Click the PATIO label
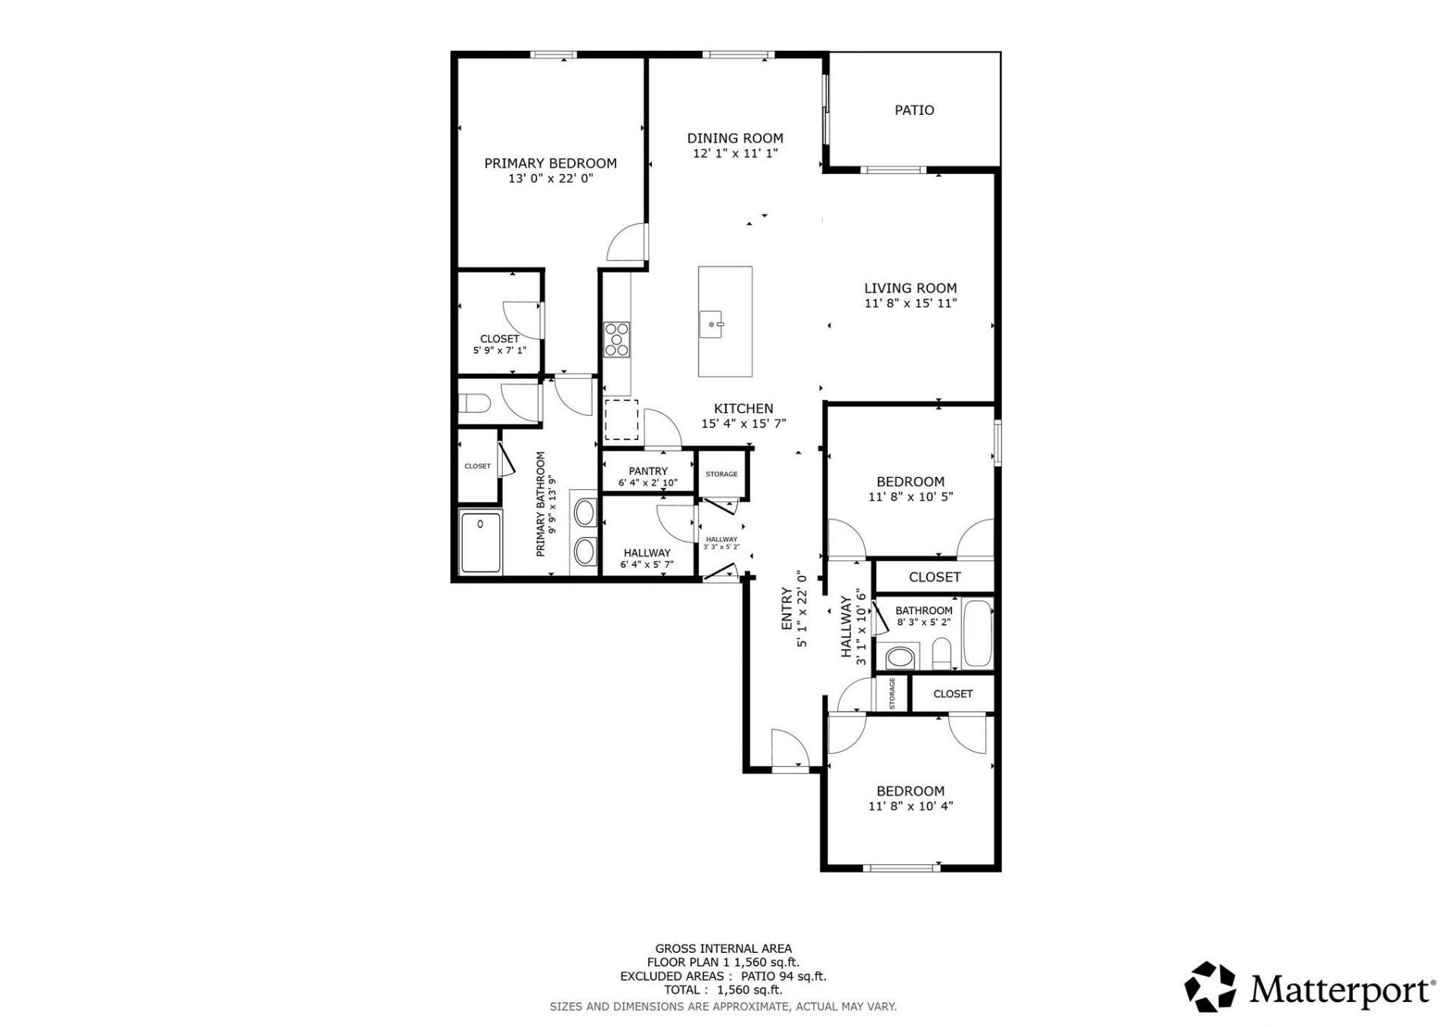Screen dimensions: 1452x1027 pyautogui.click(x=914, y=110)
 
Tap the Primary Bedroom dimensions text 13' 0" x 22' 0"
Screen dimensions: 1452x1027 pyautogui.click(x=551, y=179)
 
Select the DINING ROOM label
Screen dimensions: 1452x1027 pyautogui.click(x=735, y=138)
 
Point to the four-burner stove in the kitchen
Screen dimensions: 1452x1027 pyautogui.click(x=617, y=339)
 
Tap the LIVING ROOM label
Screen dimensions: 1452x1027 pyautogui.click(x=911, y=288)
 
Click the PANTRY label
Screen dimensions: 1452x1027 pyautogui.click(x=648, y=471)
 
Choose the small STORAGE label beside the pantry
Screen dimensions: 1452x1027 pyautogui.click(x=721, y=474)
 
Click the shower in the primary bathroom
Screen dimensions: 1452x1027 pyautogui.click(x=481, y=542)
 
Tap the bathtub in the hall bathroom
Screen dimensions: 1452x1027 pyautogui.click(x=978, y=634)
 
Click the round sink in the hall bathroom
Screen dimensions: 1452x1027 pyautogui.click(x=899, y=656)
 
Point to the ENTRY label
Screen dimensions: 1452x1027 pyautogui.click(x=786, y=610)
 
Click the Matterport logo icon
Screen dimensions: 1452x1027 pyautogui.click(x=1210, y=987)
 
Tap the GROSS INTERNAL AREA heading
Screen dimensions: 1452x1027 pyautogui.click(x=724, y=948)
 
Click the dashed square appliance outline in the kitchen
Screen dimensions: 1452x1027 pyautogui.click(x=622, y=420)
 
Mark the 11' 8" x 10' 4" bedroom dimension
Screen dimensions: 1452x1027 pyautogui.click(x=911, y=806)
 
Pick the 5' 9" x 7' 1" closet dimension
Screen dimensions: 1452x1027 pyautogui.click(x=499, y=350)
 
